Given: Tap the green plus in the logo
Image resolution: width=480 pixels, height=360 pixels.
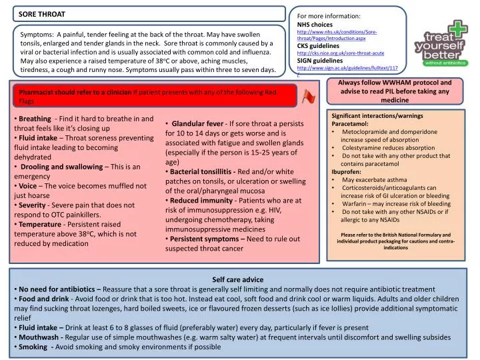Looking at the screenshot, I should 459,29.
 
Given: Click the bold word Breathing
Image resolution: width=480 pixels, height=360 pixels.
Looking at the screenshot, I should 35,118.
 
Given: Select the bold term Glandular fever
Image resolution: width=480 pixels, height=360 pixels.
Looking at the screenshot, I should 197,123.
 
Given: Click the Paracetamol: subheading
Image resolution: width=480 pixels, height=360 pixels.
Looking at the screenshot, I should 350,124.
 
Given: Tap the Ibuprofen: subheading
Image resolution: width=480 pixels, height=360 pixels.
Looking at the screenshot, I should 347,172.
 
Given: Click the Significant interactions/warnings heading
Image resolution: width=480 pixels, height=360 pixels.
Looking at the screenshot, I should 377,116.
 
